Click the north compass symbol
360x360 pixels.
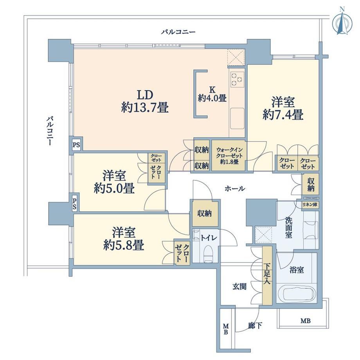[342, 22]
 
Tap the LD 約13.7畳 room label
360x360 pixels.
[145, 101]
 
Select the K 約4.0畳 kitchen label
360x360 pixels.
[212, 94]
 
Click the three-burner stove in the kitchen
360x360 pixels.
[237, 79]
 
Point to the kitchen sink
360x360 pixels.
[237, 119]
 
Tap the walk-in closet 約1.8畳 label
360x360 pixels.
[229, 156]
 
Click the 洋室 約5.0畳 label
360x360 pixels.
[114, 182]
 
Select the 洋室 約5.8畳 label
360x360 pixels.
[124, 239]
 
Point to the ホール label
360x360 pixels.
[235, 189]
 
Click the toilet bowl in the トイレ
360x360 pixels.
[209, 252]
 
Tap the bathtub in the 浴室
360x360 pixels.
[296, 293]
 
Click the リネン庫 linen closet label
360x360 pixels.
[310, 205]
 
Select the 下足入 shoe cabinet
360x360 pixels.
[267, 275]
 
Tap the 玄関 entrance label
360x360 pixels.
[239, 286]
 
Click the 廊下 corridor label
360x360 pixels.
[255, 325]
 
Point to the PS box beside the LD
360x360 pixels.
[76, 145]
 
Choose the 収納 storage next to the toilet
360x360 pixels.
[205, 214]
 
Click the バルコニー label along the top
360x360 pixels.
[178, 31]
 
